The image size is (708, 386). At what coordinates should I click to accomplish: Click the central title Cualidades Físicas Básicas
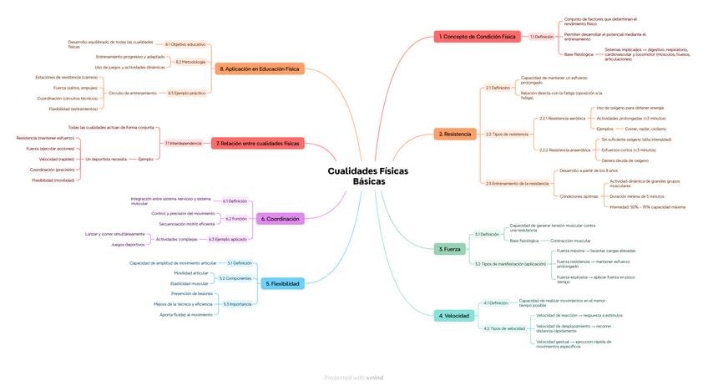tap(367, 175)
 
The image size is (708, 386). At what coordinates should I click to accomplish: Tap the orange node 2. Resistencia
tap(456, 134)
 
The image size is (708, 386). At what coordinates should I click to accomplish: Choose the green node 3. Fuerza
tap(449, 249)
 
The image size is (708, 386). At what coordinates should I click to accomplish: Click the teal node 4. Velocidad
tap(454, 316)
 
